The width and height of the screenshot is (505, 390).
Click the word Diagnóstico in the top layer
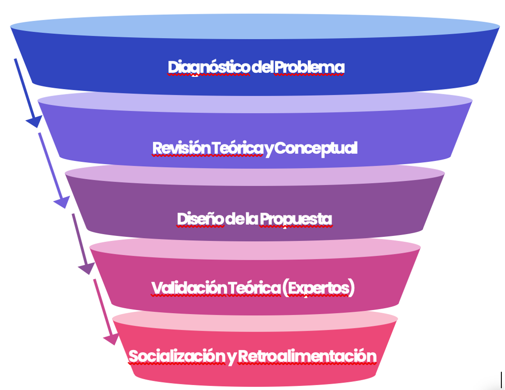[x=209, y=67]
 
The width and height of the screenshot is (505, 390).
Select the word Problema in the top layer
[x=309, y=67]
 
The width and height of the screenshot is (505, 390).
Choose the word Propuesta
[x=296, y=219]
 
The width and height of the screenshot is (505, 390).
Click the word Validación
[x=189, y=288]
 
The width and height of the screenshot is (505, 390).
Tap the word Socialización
[x=177, y=356]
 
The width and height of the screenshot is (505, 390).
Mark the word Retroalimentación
[x=307, y=356]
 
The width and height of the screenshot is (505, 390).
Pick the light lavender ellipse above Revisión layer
[x=255, y=102]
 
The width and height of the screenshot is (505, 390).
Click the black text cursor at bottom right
[x=501, y=379]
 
